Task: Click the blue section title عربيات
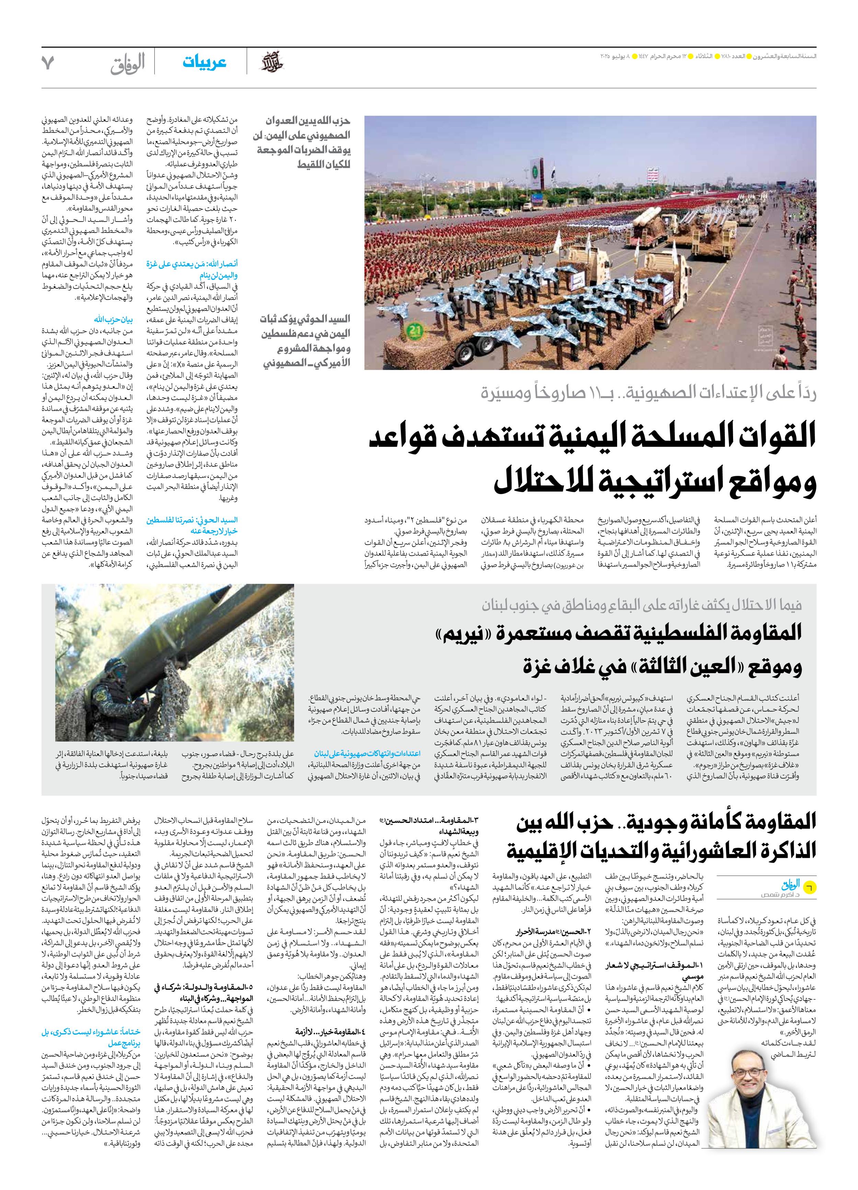(x=204, y=62)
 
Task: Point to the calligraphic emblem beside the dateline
(x=272, y=62)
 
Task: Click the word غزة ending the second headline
(x=542, y=667)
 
